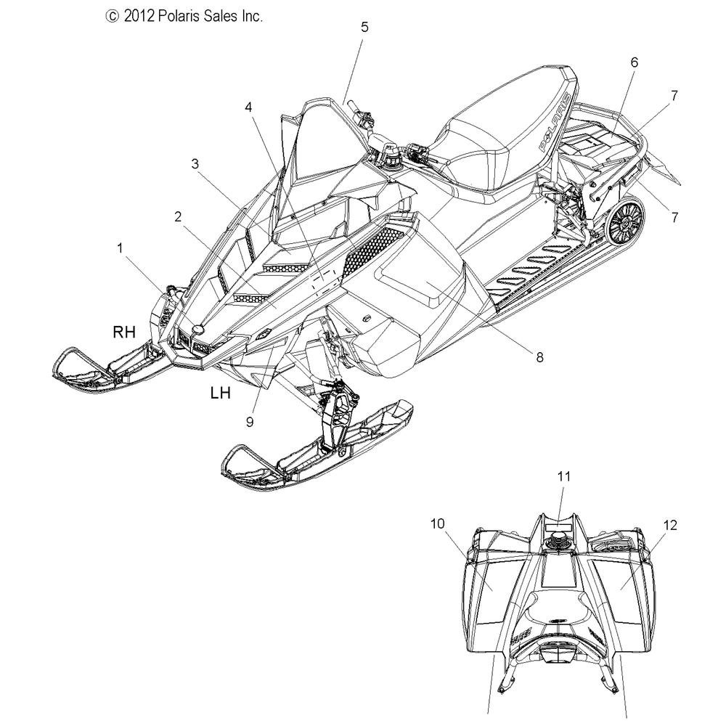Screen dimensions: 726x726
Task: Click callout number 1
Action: tap(120, 248)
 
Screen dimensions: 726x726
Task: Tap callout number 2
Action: tap(178, 216)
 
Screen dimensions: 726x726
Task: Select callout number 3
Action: tap(195, 163)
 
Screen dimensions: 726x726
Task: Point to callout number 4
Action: tap(248, 107)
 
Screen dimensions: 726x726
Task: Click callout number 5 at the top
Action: tap(365, 27)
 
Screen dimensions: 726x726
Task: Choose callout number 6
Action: tap(635, 62)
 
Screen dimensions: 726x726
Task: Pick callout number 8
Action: tap(539, 357)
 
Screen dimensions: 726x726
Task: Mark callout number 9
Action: tap(250, 422)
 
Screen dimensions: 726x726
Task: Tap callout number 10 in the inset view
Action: tap(438, 523)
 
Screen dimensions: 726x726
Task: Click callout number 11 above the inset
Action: tap(564, 476)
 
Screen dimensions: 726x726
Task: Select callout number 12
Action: tap(670, 525)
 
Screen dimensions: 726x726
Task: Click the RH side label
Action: tap(125, 332)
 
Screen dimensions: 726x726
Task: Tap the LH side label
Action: tap(221, 393)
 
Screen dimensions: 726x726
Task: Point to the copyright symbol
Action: tap(112, 17)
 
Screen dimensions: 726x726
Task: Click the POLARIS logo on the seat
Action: tap(555, 122)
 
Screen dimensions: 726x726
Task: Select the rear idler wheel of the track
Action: tap(626, 223)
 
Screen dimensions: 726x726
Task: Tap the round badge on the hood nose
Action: tap(198, 328)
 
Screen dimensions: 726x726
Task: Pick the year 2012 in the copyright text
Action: tap(139, 16)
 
